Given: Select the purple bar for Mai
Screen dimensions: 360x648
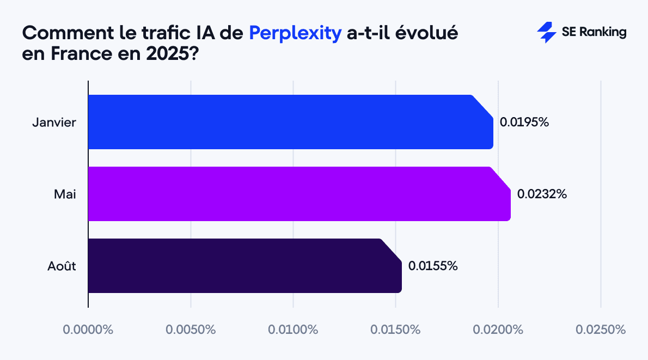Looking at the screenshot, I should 299,194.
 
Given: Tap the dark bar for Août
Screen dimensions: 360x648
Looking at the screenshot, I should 244,266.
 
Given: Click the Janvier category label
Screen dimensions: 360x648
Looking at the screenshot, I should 54,122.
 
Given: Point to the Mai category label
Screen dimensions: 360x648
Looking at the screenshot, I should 65,194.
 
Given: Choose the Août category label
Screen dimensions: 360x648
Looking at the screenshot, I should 61,266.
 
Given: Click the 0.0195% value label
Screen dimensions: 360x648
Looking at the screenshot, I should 524,122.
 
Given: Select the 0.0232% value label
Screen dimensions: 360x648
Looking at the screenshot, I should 542,194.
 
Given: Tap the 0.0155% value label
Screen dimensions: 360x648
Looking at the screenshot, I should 433,266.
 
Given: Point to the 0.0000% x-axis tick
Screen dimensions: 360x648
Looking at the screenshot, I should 88,330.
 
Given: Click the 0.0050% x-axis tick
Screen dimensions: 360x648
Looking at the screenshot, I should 191,330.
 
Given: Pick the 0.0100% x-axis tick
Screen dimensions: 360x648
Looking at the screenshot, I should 293,330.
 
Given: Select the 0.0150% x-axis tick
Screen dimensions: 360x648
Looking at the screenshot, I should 395,330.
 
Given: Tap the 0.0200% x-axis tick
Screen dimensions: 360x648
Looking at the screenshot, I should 498,330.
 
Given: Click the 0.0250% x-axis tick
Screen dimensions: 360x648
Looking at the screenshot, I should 601,330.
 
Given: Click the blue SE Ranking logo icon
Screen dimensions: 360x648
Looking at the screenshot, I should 546,33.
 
